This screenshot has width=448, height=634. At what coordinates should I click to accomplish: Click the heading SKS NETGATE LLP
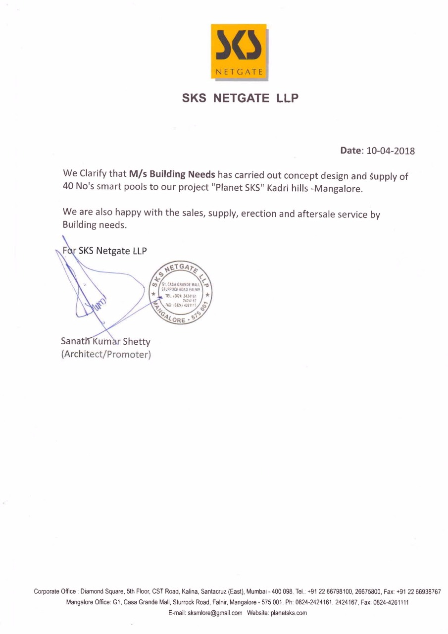pos(241,98)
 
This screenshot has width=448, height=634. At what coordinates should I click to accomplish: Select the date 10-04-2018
pos(390,151)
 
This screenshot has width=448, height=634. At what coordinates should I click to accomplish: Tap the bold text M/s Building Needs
pos(172,174)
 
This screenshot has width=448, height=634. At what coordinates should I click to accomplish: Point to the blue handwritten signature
pos(99,297)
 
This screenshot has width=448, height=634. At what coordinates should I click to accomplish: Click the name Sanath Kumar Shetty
pos(105,341)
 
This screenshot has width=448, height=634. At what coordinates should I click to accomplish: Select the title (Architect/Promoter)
pos(105,355)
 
